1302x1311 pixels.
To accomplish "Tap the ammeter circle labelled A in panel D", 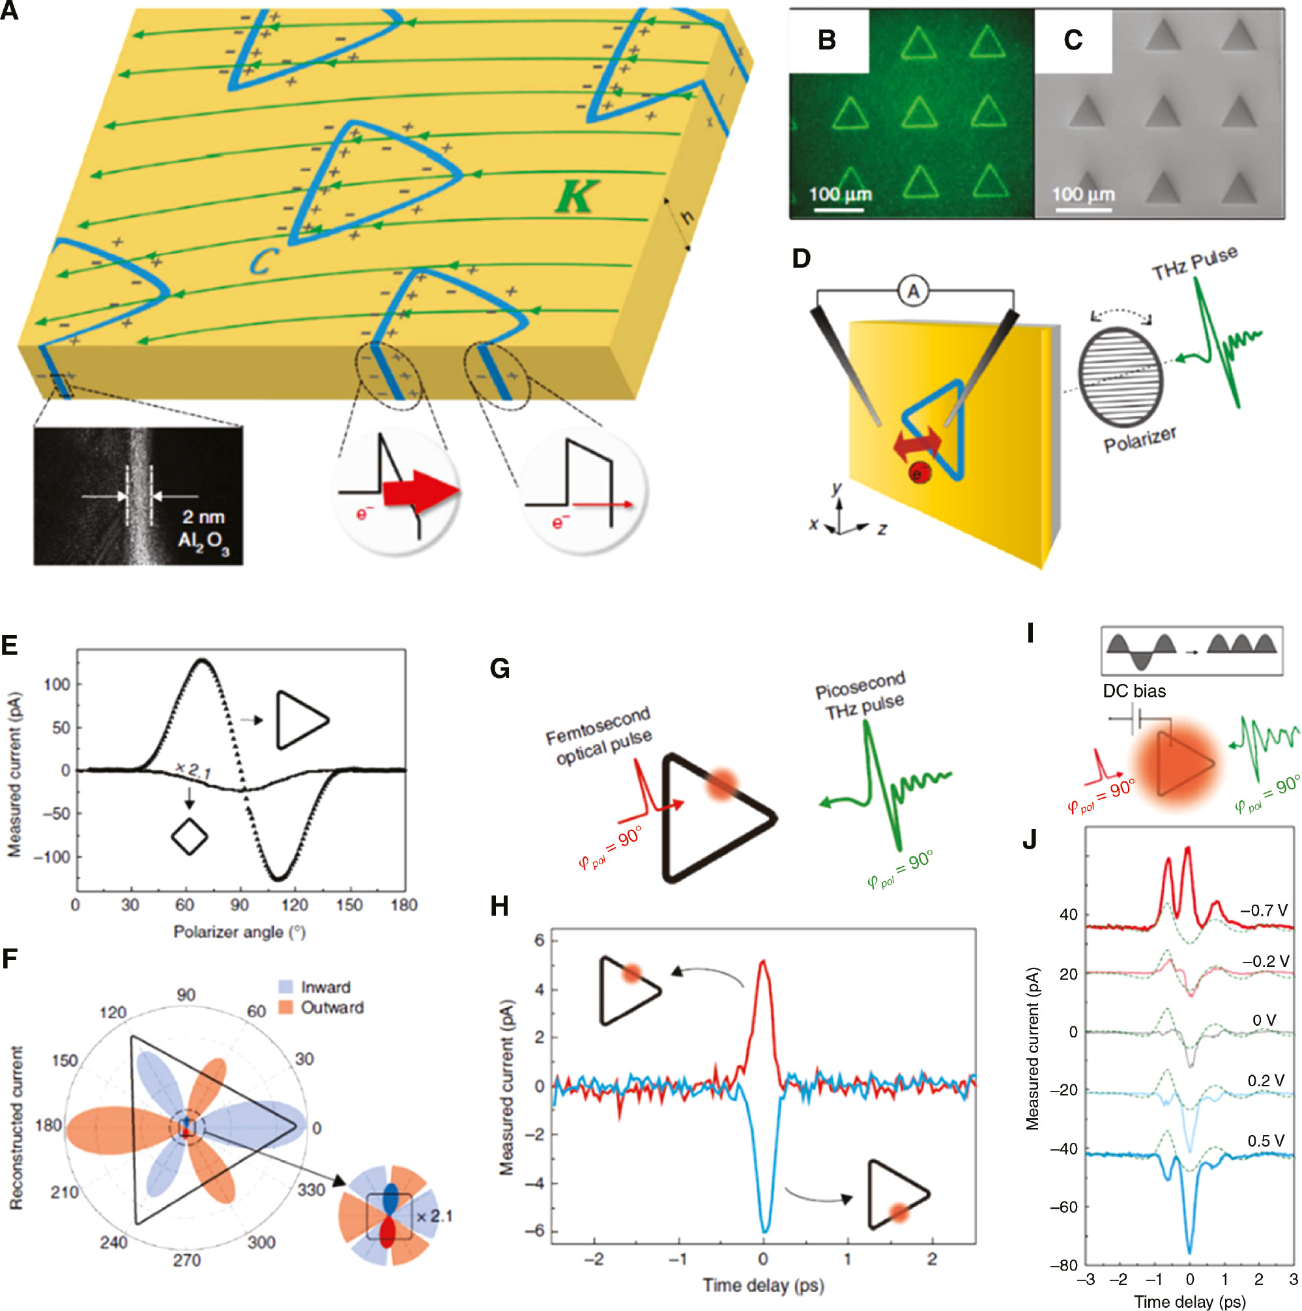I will click(x=913, y=292).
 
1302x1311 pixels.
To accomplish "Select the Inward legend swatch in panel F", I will click(x=286, y=987).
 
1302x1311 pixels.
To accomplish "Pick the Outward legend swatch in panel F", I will click(x=286, y=1008).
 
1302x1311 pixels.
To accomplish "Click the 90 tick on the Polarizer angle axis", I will click(x=239, y=905).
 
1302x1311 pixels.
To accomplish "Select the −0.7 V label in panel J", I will click(x=1264, y=910).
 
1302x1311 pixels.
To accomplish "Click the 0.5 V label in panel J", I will click(x=1266, y=1140).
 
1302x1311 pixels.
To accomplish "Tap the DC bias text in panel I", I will click(x=1134, y=691).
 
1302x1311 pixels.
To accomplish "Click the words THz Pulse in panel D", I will click(x=1194, y=262).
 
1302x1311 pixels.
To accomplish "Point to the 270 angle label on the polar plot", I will click(x=186, y=1260).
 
